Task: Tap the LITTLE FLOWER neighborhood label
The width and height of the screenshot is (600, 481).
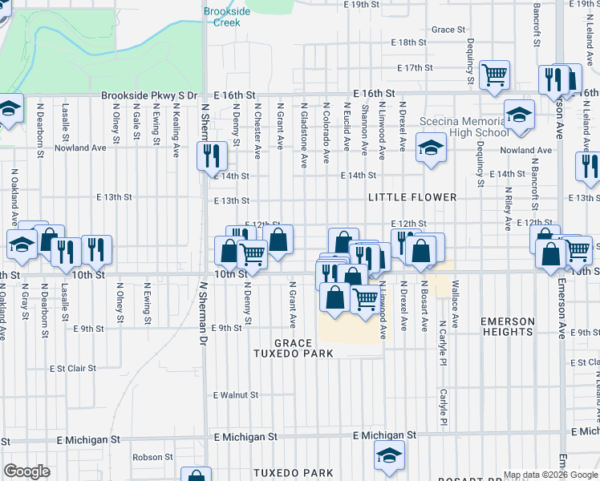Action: click(412, 196)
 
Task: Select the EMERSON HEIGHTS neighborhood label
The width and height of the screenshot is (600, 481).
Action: click(508, 326)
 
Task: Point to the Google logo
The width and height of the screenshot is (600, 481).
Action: click(26, 471)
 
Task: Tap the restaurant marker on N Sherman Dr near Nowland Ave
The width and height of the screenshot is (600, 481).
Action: click(210, 154)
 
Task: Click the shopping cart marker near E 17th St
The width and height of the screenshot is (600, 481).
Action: click(494, 75)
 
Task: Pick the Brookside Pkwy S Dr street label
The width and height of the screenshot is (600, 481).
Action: click(148, 95)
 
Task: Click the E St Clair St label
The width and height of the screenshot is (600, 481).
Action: click(72, 369)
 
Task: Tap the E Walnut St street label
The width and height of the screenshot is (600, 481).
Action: click(236, 394)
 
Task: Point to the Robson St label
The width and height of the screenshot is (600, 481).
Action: click(148, 457)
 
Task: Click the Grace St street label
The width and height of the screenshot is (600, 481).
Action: click(448, 30)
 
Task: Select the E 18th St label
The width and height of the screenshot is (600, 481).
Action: click(409, 42)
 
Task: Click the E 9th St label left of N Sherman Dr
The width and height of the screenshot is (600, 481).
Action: click(89, 329)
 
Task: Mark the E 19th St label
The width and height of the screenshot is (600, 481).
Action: click(360, 5)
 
